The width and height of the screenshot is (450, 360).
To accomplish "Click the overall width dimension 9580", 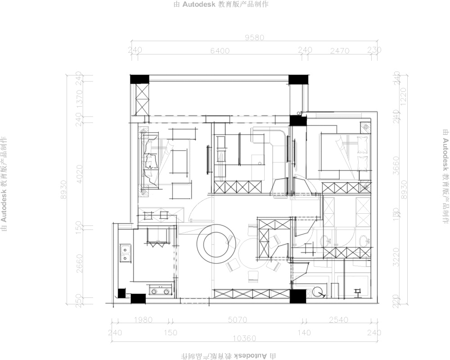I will [x=254, y=38].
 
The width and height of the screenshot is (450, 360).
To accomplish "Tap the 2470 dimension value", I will [x=340, y=51].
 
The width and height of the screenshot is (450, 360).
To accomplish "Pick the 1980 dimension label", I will [x=143, y=320].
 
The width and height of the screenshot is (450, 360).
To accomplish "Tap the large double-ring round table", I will [x=217, y=243].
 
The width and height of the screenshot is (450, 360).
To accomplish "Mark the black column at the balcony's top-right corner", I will [x=297, y=80].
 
